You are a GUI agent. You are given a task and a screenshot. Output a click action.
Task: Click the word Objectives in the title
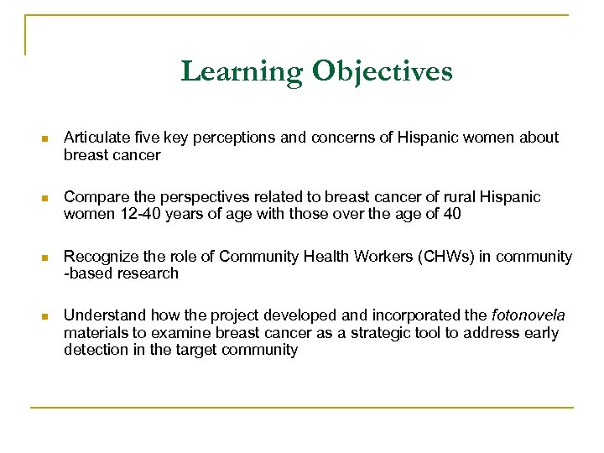[383, 71]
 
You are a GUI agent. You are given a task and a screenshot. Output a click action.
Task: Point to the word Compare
[93, 197]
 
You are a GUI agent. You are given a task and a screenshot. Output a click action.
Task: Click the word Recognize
[100, 257]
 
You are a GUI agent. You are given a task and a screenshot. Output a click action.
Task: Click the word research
[148, 273]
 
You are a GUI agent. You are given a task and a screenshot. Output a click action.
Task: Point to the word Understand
[102, 316]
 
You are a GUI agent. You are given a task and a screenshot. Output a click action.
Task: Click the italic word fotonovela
[528, 316]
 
